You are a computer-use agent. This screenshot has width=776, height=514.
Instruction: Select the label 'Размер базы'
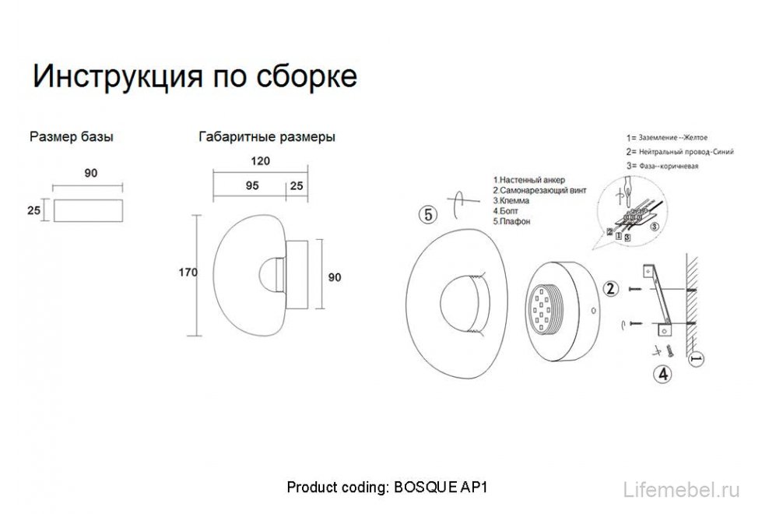pyautogui.click(x=71, y=137)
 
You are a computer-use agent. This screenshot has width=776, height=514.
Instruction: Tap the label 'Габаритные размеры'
pyautogui.click(x=267, y=137)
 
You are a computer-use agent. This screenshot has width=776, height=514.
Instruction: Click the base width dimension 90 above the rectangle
pyautogui.click(x=90, y=173)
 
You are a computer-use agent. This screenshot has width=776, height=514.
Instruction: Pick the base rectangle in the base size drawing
pyautogui.click(x=87, y=209)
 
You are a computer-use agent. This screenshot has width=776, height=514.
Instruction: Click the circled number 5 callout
pyautogui.click(x=427, y=214)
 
